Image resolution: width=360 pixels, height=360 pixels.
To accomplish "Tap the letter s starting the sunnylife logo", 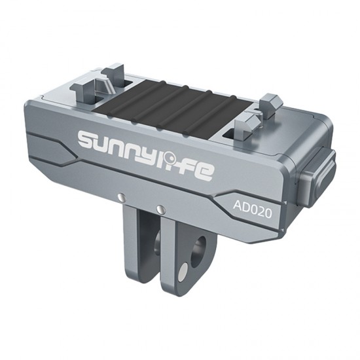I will (x=88, y=139).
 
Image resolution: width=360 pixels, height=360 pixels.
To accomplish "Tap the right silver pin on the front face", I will (x=159, y=209).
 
